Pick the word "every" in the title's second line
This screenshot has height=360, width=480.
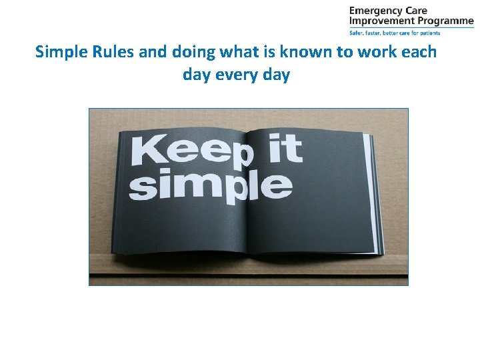[237, 75]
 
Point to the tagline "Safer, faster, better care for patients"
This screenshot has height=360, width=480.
[395, 32]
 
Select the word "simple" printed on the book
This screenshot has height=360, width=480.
[210, 185]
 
